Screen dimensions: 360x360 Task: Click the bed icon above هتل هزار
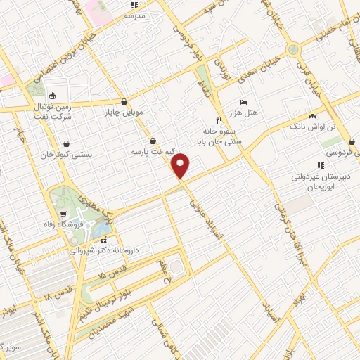pyautogui.click(x=244, y=103)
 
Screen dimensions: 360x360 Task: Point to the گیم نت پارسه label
pyautogui.click(x=153, y=151)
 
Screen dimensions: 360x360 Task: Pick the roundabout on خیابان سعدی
pyautogui.click(x=292, y=49)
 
